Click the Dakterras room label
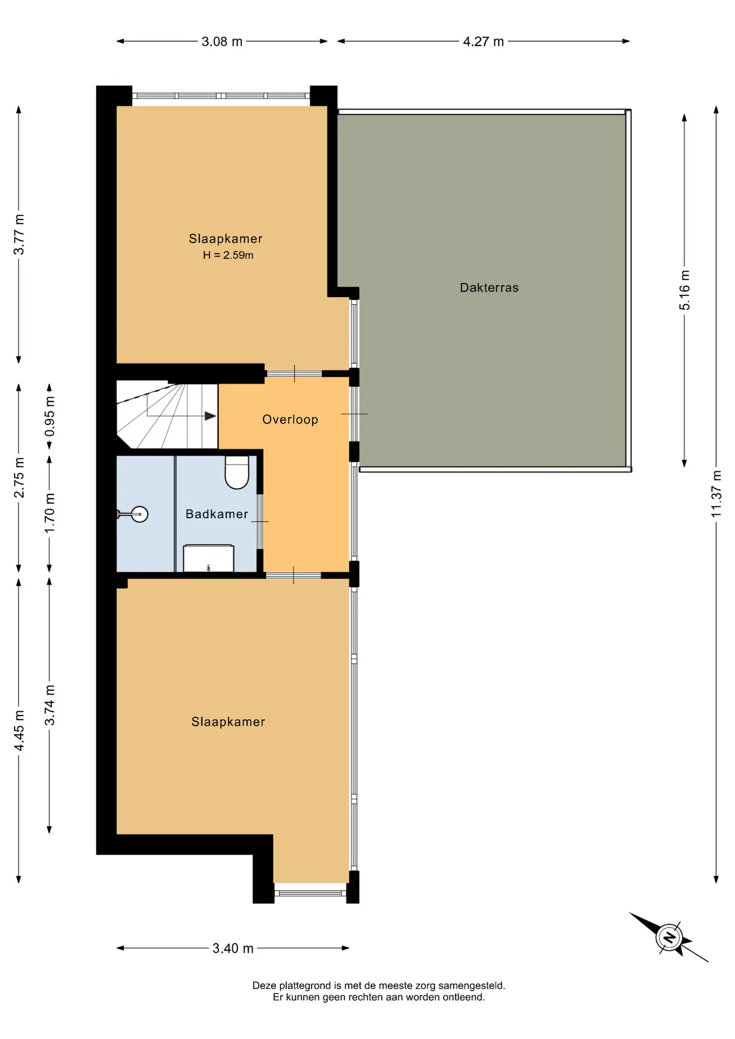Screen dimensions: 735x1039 pos(489,288)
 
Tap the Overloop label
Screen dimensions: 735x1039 pos(290,420)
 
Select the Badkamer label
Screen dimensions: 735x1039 pos(217,514)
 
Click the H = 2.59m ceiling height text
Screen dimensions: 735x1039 pos(228,255)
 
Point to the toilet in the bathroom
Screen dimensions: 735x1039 pos(237,472)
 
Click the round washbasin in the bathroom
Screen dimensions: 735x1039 pos(140,514)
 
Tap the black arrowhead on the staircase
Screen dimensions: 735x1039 pos(211,416)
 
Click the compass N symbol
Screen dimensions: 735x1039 pos(670,937)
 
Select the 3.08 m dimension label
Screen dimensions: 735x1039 pos(222,42)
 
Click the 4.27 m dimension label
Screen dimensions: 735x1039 pos(483,42)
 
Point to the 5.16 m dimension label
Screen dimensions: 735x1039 pos(685,290)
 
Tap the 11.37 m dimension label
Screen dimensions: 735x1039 pos(716,494)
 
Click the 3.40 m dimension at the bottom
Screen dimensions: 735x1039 pos(233,948)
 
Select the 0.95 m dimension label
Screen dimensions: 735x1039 pos(50,416)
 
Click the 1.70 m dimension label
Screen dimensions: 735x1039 pos(50,512)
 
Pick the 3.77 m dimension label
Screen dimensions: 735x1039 pos(19,234)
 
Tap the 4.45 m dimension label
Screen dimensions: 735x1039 pos(19,731)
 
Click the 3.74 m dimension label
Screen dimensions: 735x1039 pos(50,705)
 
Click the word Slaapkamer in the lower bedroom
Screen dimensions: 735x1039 pos(228,722)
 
